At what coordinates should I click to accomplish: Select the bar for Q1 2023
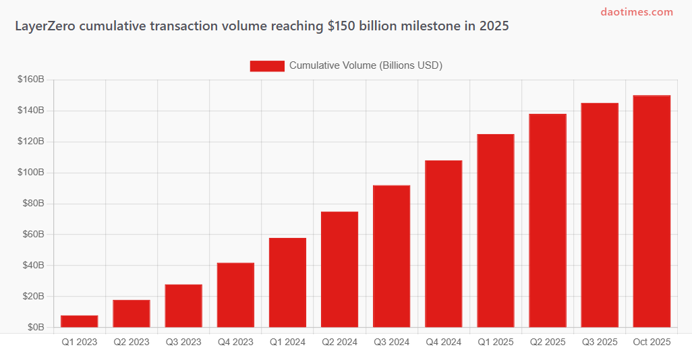pos(80,322)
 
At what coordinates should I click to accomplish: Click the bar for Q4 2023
pos(235,295)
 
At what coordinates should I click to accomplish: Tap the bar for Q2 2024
pos(339,270)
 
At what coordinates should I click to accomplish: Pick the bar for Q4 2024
pos(443,244)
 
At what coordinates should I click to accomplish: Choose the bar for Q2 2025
pos(548,220)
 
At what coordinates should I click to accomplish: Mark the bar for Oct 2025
pos(652,212)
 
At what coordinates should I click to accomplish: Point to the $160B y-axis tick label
pos(31,80)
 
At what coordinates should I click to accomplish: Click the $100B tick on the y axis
pos(31,173)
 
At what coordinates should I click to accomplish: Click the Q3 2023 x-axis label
pos(183,342)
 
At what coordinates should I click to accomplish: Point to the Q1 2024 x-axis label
pos(287,342)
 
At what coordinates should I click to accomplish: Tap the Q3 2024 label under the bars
pos(391,342)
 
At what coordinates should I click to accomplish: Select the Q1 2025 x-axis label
pos(495,342)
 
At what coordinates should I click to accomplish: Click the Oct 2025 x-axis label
pos(652,342)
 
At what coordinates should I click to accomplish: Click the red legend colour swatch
pos(267,65)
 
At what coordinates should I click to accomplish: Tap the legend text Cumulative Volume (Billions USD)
pos(366,65)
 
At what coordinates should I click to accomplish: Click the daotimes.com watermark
pos(637,12)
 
